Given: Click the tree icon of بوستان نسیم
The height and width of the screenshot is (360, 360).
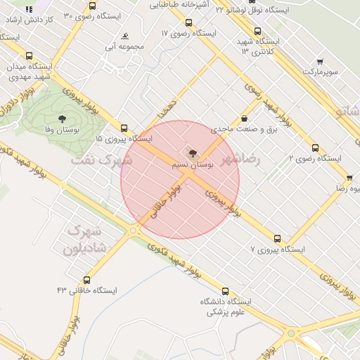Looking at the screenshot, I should click(x=191, y=152).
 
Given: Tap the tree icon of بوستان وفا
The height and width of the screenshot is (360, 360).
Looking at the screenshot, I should click(x=62, y=120).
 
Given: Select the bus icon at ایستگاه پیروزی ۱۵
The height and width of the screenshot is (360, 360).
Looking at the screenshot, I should click(x=124, y=128).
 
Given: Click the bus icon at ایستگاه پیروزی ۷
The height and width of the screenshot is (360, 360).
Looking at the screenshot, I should click(x=278, y=239).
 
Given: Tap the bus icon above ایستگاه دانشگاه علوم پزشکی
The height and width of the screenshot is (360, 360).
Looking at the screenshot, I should click(x=225, y=291).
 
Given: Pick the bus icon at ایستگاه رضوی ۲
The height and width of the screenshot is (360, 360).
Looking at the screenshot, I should click(x=315, y=148).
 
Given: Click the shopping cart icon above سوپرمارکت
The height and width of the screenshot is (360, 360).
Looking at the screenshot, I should click(x=321, y=62).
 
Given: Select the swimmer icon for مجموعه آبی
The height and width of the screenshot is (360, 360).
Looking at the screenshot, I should click(x=124, y=36).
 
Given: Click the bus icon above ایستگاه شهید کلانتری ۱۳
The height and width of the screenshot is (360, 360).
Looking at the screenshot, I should click(x=257, y=31).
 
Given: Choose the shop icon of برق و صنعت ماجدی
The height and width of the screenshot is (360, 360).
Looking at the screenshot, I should click(x=244, y=119).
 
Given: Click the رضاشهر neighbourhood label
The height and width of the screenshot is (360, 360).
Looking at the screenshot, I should click(x=240, y=160).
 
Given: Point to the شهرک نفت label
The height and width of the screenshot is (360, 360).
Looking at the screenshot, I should click(x=101, y=160).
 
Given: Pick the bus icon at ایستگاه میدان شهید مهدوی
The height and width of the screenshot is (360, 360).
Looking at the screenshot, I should click(x=29, y=56).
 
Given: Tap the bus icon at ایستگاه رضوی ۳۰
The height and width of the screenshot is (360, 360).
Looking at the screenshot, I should click(x=93, y=6).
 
